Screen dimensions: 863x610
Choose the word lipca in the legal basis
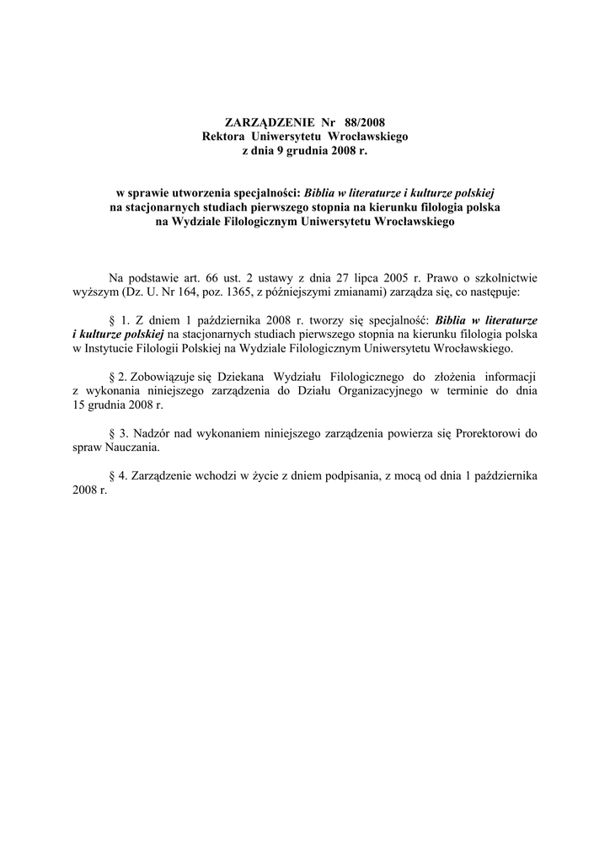click(x=371, y=278)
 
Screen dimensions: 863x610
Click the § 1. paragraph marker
click(x=118, y=321)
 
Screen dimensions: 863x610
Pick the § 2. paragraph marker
click(x=118, y=376)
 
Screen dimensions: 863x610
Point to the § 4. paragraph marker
click(x=118, y=476)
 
